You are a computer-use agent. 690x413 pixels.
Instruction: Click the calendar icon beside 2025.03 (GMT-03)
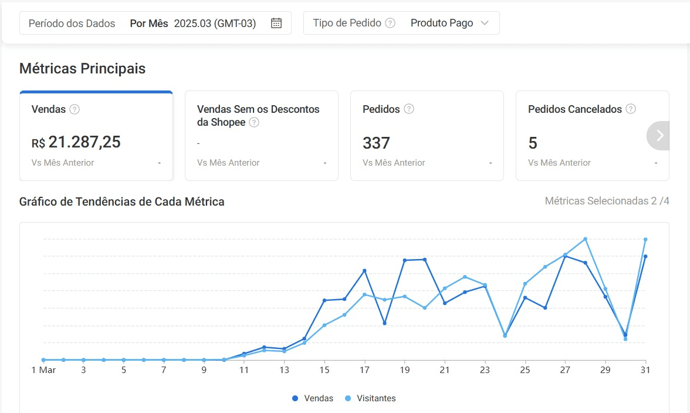[x=276, y=23]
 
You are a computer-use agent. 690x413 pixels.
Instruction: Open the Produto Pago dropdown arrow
[x=484, y=23]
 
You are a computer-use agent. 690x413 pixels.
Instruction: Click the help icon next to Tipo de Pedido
[x=390, y=23]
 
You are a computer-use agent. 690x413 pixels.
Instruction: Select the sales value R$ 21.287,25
[x=76, y=142]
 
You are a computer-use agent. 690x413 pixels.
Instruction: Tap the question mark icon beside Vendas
[x=75, y=109]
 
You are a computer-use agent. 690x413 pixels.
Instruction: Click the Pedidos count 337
[x=376, y=143]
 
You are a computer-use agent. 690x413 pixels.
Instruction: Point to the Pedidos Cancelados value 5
[x=533, y=143]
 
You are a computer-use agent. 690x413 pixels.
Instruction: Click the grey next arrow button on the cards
[x=659, y=136]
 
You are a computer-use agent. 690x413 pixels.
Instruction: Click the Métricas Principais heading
[x=82, y=69]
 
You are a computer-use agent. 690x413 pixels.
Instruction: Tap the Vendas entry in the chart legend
[x=313, y=398]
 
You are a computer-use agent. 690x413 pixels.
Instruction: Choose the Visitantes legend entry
[x=371, y=398]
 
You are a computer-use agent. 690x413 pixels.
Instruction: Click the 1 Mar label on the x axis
[x=43, y=370]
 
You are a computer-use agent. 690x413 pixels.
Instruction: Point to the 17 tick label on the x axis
[x=364, y=370]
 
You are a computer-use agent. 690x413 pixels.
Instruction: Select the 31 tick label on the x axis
[x=645, y=370]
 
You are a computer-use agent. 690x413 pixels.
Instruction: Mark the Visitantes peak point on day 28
[x=586, y=239]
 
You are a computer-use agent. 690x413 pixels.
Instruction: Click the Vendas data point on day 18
[x=384, y=323]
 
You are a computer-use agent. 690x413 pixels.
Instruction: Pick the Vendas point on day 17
[x=364, y=271]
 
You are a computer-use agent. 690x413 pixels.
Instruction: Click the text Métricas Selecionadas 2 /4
[x=607, y=202]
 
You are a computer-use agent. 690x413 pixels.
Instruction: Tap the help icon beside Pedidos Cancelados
[x=631, y=109]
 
